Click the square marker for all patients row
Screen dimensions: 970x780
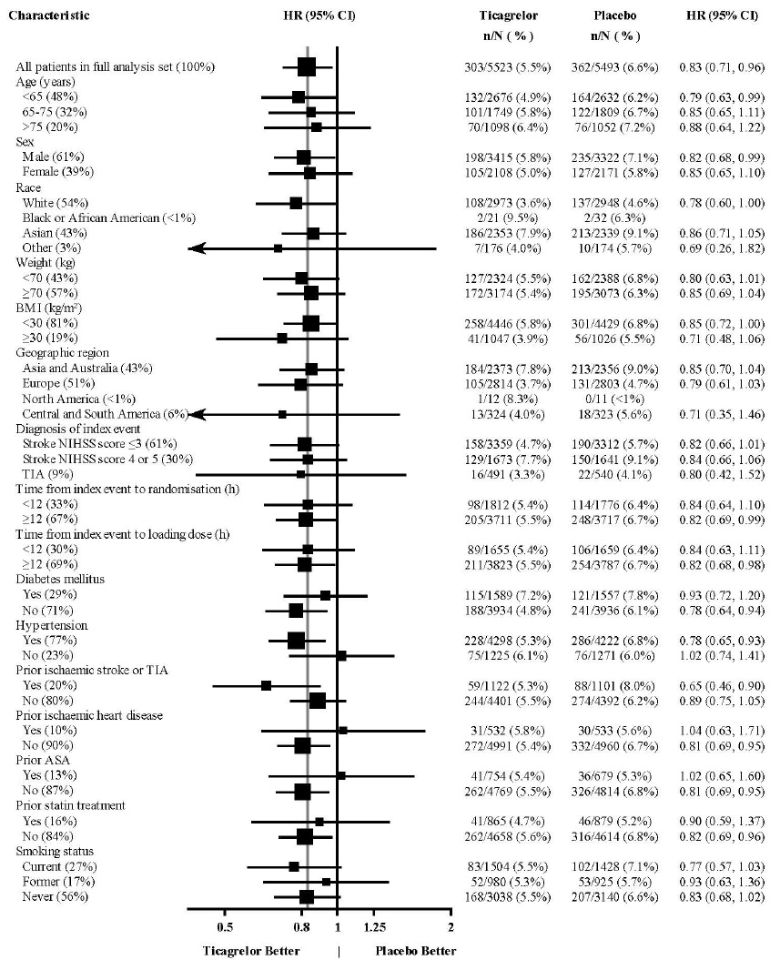click(307, 66)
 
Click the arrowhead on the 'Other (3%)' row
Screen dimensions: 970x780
click(195, 248)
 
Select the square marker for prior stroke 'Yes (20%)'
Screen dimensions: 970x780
click(266, 685)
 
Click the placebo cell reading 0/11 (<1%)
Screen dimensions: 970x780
click(613, 399)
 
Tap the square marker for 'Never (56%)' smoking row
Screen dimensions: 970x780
click(307, 896)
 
